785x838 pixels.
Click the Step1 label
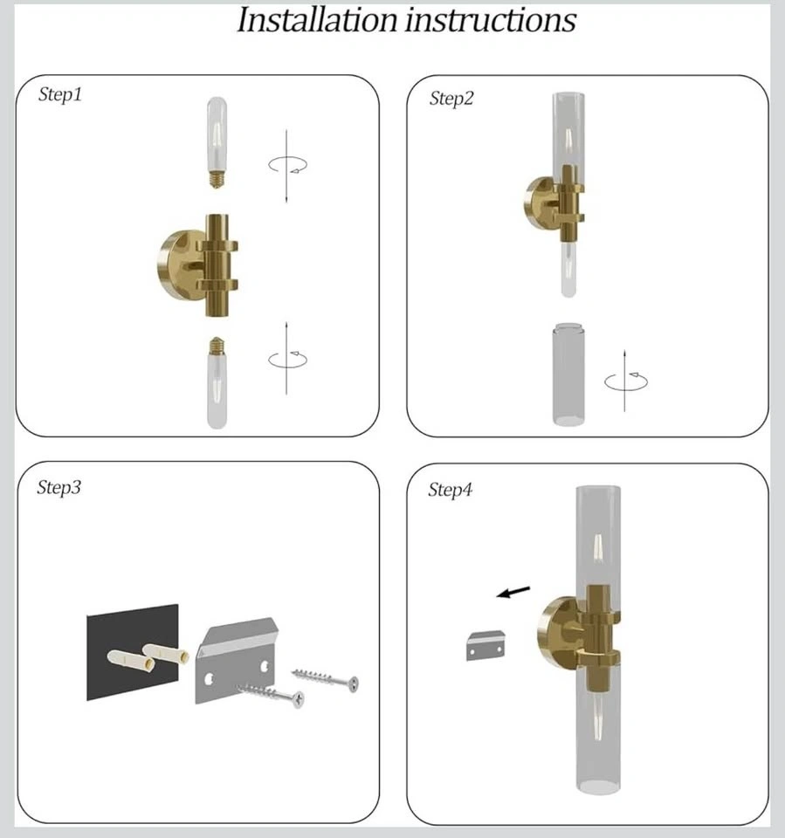pyautogui.click(x=60, y=94)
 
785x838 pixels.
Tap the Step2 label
pyautogui.click(x=451, y=99)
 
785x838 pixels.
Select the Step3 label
pyautogui.click(x=59, y=487)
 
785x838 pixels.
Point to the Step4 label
pyautogui.click(x=451, y=490)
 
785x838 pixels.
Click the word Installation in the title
pyautogui.click(x=317, y=20)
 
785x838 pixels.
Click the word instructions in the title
pyautogui.click(x=491, y=20)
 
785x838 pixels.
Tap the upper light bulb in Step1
pyautogui.click(x=217, y=142)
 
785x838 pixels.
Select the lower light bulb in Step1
pyautogui.click(x=217, y=382)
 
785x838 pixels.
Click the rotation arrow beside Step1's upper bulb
pyautogui.click(x=287, y=165)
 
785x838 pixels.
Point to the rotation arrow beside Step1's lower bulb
pyautogui.click(x=287, y=359)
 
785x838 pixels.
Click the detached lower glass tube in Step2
pyautogui.click(x=568, y=374)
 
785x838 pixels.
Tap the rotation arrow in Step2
pyautogui.click(x=626, y=381)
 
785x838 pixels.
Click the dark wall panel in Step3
pyautogui.click(x=133, y=652)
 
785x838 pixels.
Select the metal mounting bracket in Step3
pyautogui.click(x=237, y=661)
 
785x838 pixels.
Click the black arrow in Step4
pyautogui.click(x=513, y=592)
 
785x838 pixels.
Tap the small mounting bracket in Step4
pyautogui.click(x=485, y=646)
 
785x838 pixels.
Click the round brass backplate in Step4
pyautogui.click(x=555, y=632)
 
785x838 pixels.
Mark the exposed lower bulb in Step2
pyautogui.click(x=568, y=270)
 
